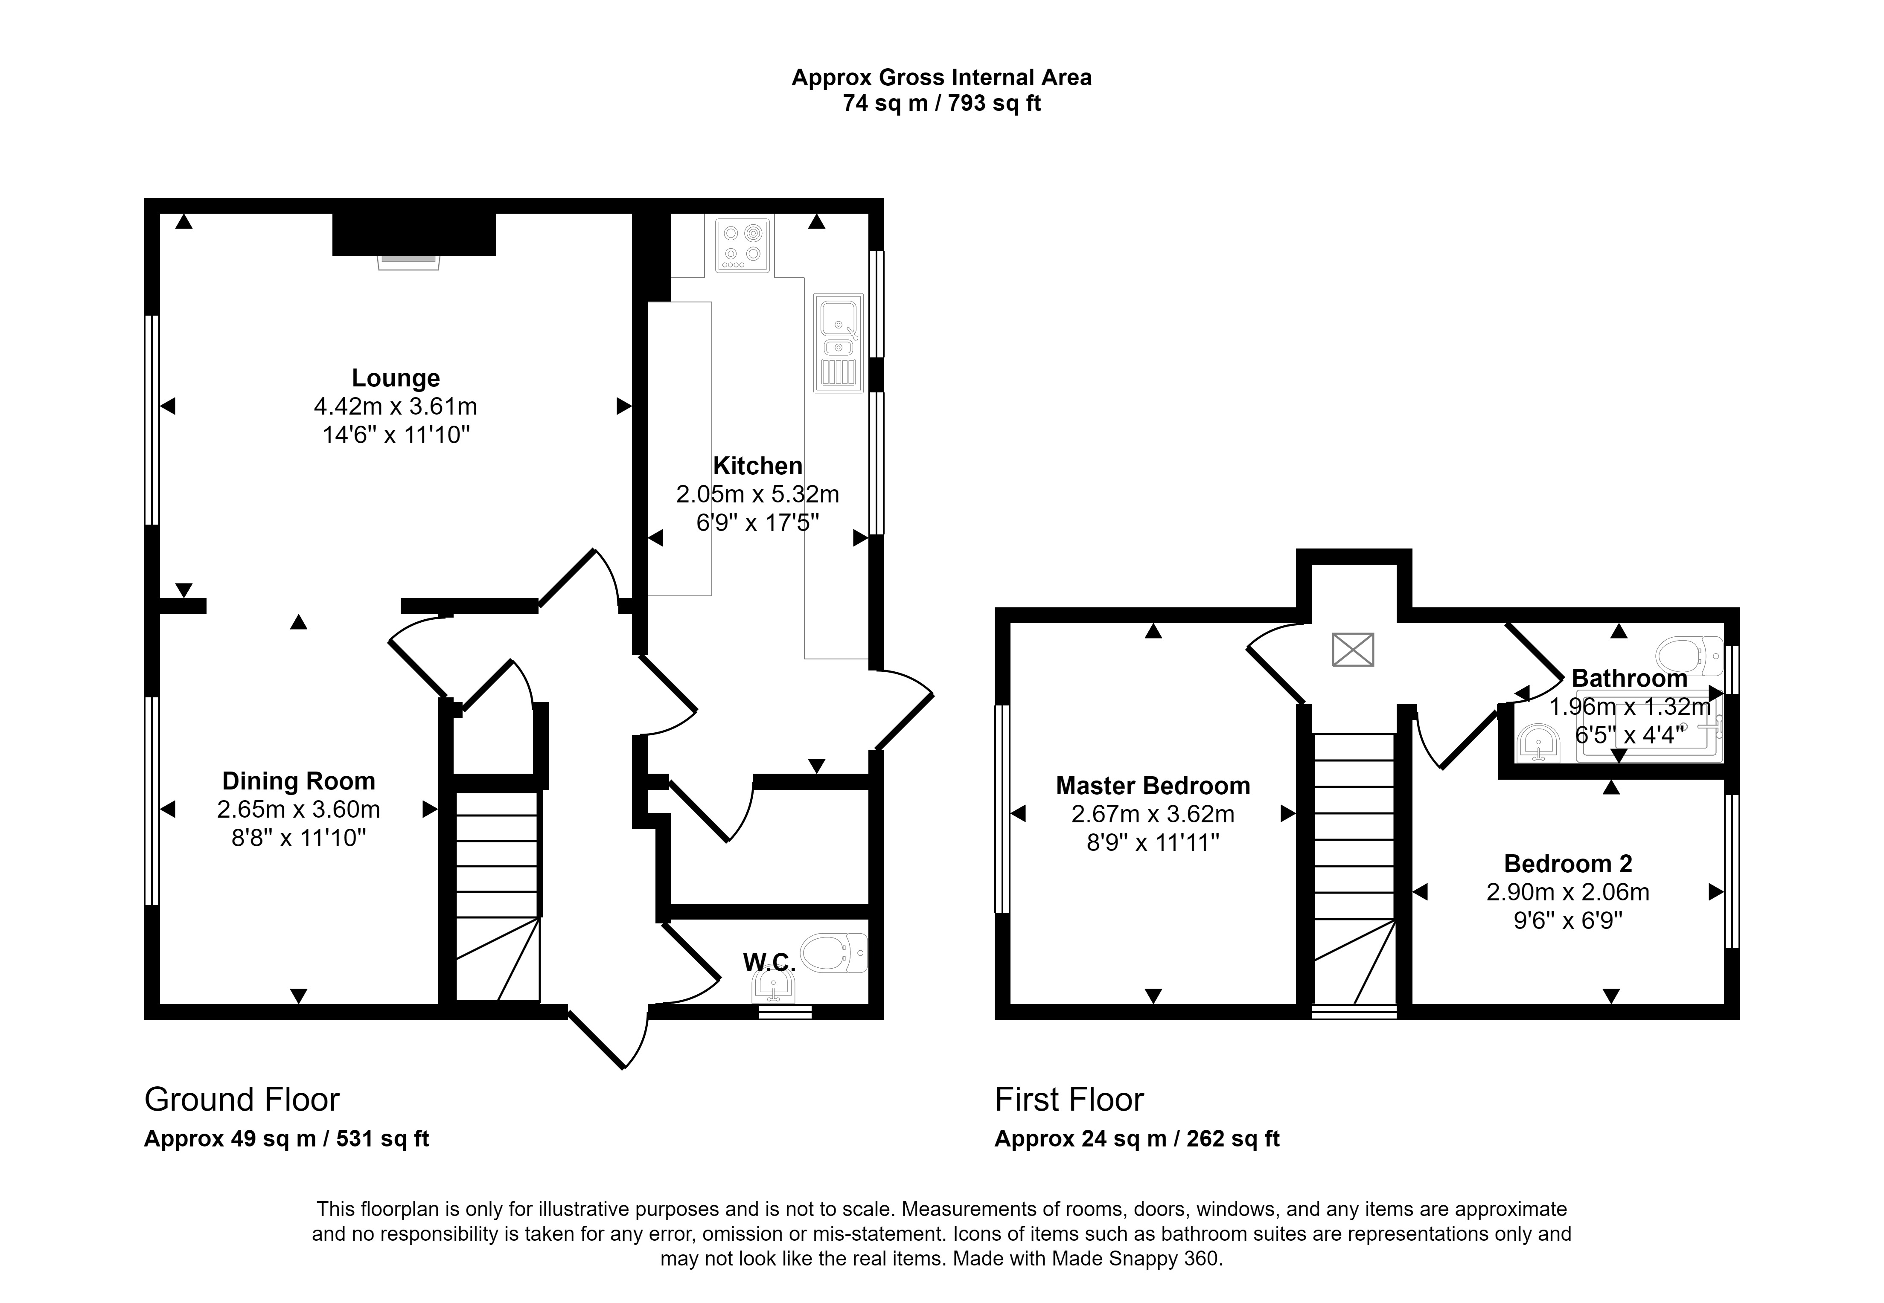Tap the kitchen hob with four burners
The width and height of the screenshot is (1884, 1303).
[x=743, y=245]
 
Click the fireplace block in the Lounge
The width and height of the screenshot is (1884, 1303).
[x=414, y=234]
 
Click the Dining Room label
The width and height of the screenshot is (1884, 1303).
[x=299, y=781]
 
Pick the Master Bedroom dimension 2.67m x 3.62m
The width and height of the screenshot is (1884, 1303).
[x=1152, y=814]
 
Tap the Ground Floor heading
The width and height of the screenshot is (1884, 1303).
[x=242, y=1100]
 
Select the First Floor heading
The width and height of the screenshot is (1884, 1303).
[x=1069, y=1100]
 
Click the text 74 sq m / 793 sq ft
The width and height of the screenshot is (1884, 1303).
[x=942, y=104]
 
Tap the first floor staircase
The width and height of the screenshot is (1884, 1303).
[x=1353, y=870]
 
